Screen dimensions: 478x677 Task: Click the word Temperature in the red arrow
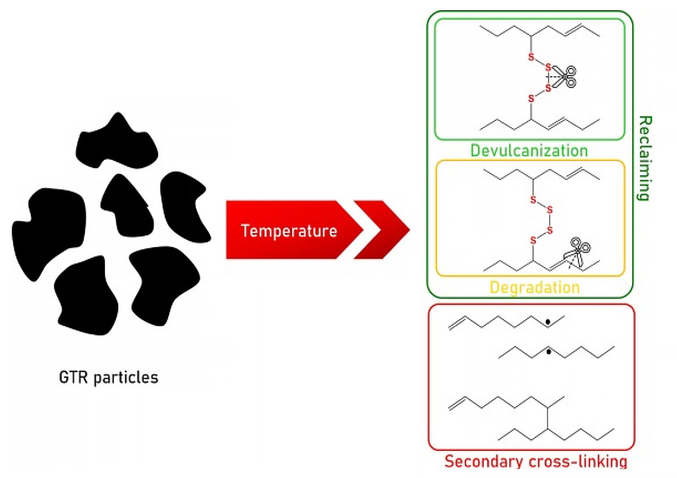(289, 231)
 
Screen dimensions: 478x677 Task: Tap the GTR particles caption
(108, 377)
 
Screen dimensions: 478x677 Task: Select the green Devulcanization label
(529, 151)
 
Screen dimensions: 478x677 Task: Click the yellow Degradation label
(534, 287)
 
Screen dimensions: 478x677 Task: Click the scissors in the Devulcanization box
(565, 77)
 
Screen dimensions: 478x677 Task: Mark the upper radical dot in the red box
(548, 322)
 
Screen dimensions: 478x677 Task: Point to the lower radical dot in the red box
(548, 352)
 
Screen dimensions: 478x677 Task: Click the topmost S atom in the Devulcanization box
(531, 57)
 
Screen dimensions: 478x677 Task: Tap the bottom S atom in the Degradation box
(533, 240)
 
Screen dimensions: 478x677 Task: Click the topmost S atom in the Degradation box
(533, 200)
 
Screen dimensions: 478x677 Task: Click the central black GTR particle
(127, 206)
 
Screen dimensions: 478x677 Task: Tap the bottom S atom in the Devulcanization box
(531, 98)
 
